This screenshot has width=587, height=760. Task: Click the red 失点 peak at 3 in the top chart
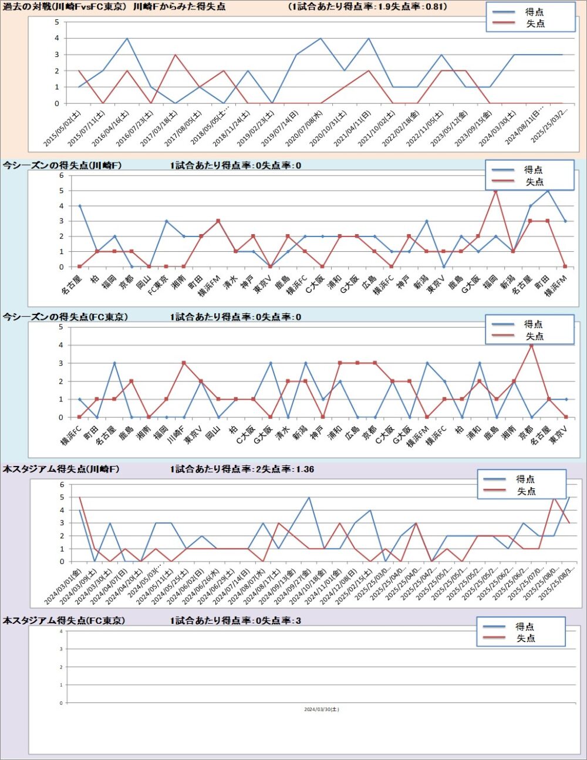tap(175, 55)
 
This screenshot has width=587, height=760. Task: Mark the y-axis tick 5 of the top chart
tap(57, 22)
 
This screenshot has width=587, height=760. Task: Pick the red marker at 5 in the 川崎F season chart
tap(495, 191)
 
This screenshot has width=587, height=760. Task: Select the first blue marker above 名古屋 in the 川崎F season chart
tap(79, 206)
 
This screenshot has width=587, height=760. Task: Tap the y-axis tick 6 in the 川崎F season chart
tap(61, 175)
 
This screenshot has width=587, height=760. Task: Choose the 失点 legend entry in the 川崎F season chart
tap(534, 182)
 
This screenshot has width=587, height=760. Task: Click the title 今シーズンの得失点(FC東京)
tap(65, 317)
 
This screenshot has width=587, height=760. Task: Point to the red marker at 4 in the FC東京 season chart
tap(531, 345)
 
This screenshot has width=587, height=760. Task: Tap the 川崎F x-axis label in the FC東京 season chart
tap(176, 435)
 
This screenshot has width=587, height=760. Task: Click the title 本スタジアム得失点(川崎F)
tap(61, 469)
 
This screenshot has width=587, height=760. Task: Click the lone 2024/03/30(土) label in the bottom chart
tap(321, 710)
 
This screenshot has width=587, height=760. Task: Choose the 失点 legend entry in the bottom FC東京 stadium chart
tap(525, 639)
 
